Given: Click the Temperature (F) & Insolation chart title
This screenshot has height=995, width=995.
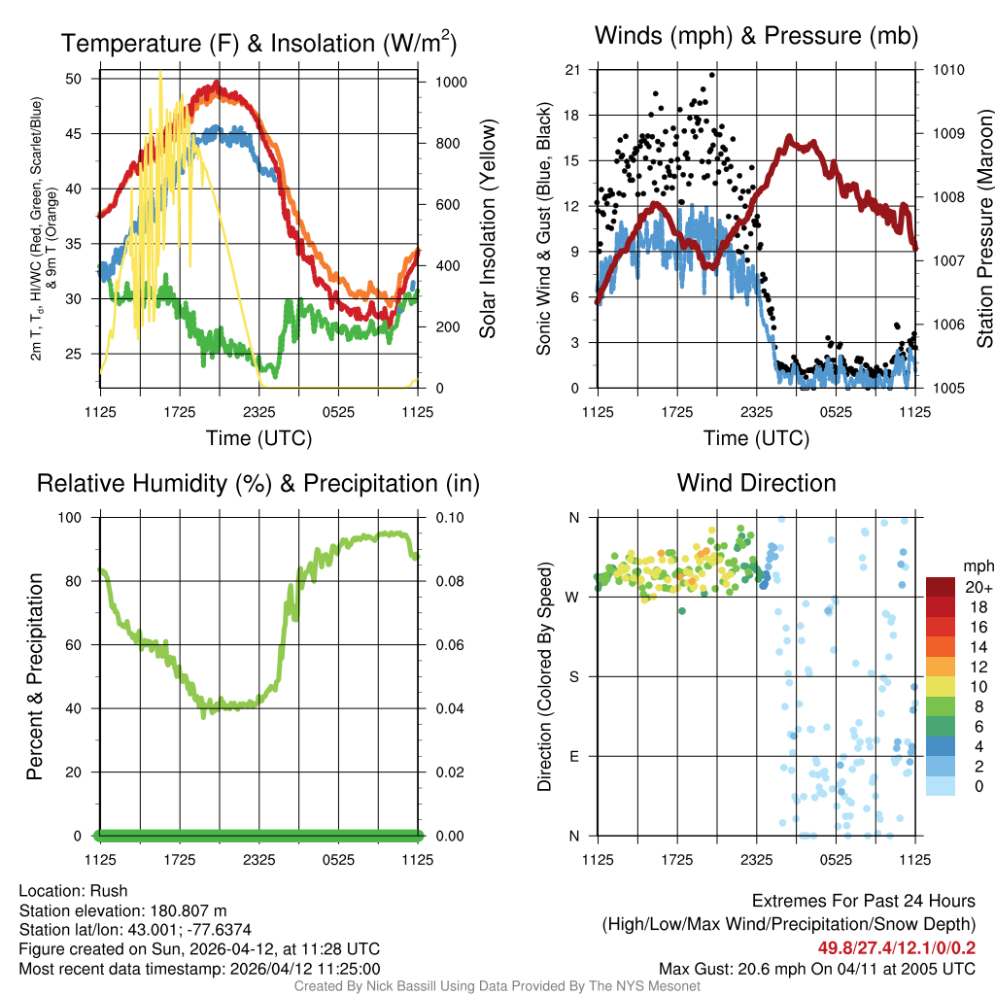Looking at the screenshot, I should point(258,43).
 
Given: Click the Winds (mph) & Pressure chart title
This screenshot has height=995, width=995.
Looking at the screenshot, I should point(756,36).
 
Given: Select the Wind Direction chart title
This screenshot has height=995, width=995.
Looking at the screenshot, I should point(756,483).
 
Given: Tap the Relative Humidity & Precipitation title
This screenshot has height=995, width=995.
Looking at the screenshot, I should point(258,483).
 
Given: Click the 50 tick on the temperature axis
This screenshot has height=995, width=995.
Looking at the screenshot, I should point(75,78).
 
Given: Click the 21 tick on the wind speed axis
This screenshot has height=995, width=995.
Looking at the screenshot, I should point(573,70).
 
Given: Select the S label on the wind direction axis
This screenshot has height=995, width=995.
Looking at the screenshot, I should point(574,676).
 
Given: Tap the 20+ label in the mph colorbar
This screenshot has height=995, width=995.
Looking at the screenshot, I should point(977,587).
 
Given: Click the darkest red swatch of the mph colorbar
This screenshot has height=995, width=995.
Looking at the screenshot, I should point(941,587).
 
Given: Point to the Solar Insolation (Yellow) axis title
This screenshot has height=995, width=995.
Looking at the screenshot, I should point(488,228).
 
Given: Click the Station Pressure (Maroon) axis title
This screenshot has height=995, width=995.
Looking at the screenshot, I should point(984,228).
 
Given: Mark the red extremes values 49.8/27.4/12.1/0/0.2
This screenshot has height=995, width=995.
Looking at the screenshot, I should point(896,946).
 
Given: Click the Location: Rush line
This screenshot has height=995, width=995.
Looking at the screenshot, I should point(73,890).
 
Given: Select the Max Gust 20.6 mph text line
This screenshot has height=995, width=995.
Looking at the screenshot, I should point(816,968).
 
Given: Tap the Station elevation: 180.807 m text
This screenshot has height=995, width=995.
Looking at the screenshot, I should point(122,909).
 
